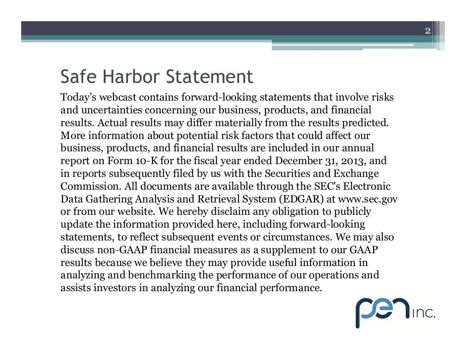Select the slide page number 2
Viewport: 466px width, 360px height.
tap(427, 30)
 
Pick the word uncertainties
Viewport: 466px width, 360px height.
tap(108, 110)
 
